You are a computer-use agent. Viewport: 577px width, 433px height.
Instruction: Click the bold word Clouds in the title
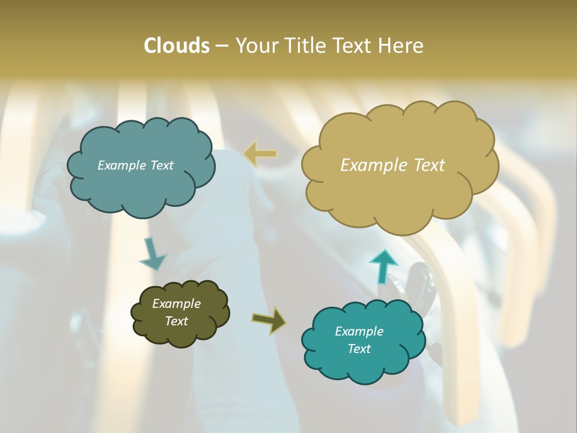pyautogui.click(x=176, y=46)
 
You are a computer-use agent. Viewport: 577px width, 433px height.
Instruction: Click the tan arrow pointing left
pyautogui.click(x=260, y=154)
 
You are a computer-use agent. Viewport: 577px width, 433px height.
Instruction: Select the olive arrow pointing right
pyautogui.click(x=269, y=319)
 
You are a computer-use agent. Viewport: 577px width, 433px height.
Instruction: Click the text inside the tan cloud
pyautogui.click(x=392, y=165)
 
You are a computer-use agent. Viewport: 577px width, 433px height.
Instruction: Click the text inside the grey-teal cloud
pyautogui.click(x=135, y=165)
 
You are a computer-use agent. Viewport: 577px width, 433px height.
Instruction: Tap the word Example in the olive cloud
pyautogui.click(x=176, y=304)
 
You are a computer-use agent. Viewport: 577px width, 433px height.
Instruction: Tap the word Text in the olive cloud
pyautogui.click(x=176, y=321)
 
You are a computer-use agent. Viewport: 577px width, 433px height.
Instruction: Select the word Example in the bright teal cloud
pyautogui.click(x=359, y=331)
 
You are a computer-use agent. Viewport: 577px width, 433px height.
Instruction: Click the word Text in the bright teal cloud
pyautogui.click(x=359, y=349)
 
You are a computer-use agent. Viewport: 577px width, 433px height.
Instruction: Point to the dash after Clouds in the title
pyautogui.click(x=221, y=46)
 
